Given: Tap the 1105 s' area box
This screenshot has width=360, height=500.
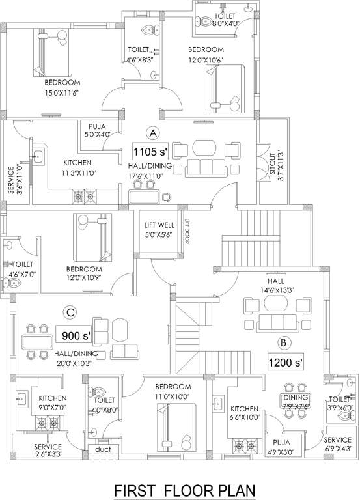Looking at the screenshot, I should pyautogui.click(x=150, y=152).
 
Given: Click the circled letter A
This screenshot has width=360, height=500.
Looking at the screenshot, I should pyautogui.click(x=153, y=133).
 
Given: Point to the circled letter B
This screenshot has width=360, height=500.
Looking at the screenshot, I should pyautogui.click(x=284, y=341).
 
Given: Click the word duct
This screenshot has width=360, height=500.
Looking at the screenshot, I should pyautogui.click(x=102, y=449).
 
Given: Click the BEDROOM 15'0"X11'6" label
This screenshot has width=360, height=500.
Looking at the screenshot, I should pyautogui.click(x=62, y=87).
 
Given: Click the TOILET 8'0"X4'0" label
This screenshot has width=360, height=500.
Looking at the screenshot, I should pyautogui.click(x=227, y=20).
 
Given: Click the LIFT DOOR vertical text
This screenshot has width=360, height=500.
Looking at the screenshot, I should pyautogui.click(x=186, y=230).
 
